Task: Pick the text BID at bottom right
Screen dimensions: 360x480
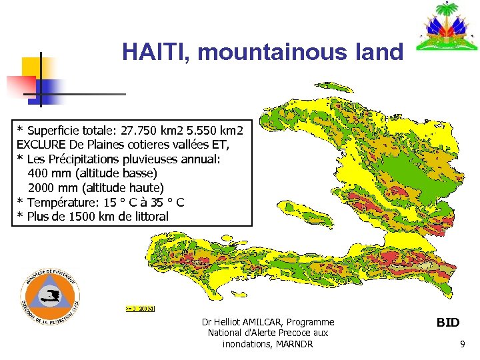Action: [447, 323]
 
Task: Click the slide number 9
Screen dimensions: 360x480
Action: [462, 345]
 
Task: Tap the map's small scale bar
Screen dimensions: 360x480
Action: [140, 309]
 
